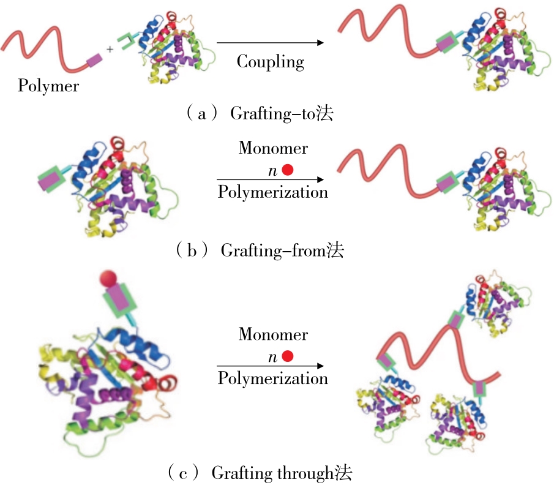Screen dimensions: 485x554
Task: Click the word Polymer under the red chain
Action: pos(48,85)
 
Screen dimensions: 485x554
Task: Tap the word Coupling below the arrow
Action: pos(270,61)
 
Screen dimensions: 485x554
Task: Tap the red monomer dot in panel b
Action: pos(287,170)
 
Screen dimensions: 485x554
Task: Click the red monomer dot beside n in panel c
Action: pos(287,356)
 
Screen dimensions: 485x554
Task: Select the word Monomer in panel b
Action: pos(273,148)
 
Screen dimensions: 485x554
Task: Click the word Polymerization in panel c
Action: pos(273,378)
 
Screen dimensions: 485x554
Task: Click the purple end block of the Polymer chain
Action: pos(94,59)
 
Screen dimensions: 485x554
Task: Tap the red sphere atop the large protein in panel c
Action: pos(108,278)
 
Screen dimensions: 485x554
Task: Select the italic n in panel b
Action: pos(273,171)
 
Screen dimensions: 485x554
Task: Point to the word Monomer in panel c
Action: pos(273,334)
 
